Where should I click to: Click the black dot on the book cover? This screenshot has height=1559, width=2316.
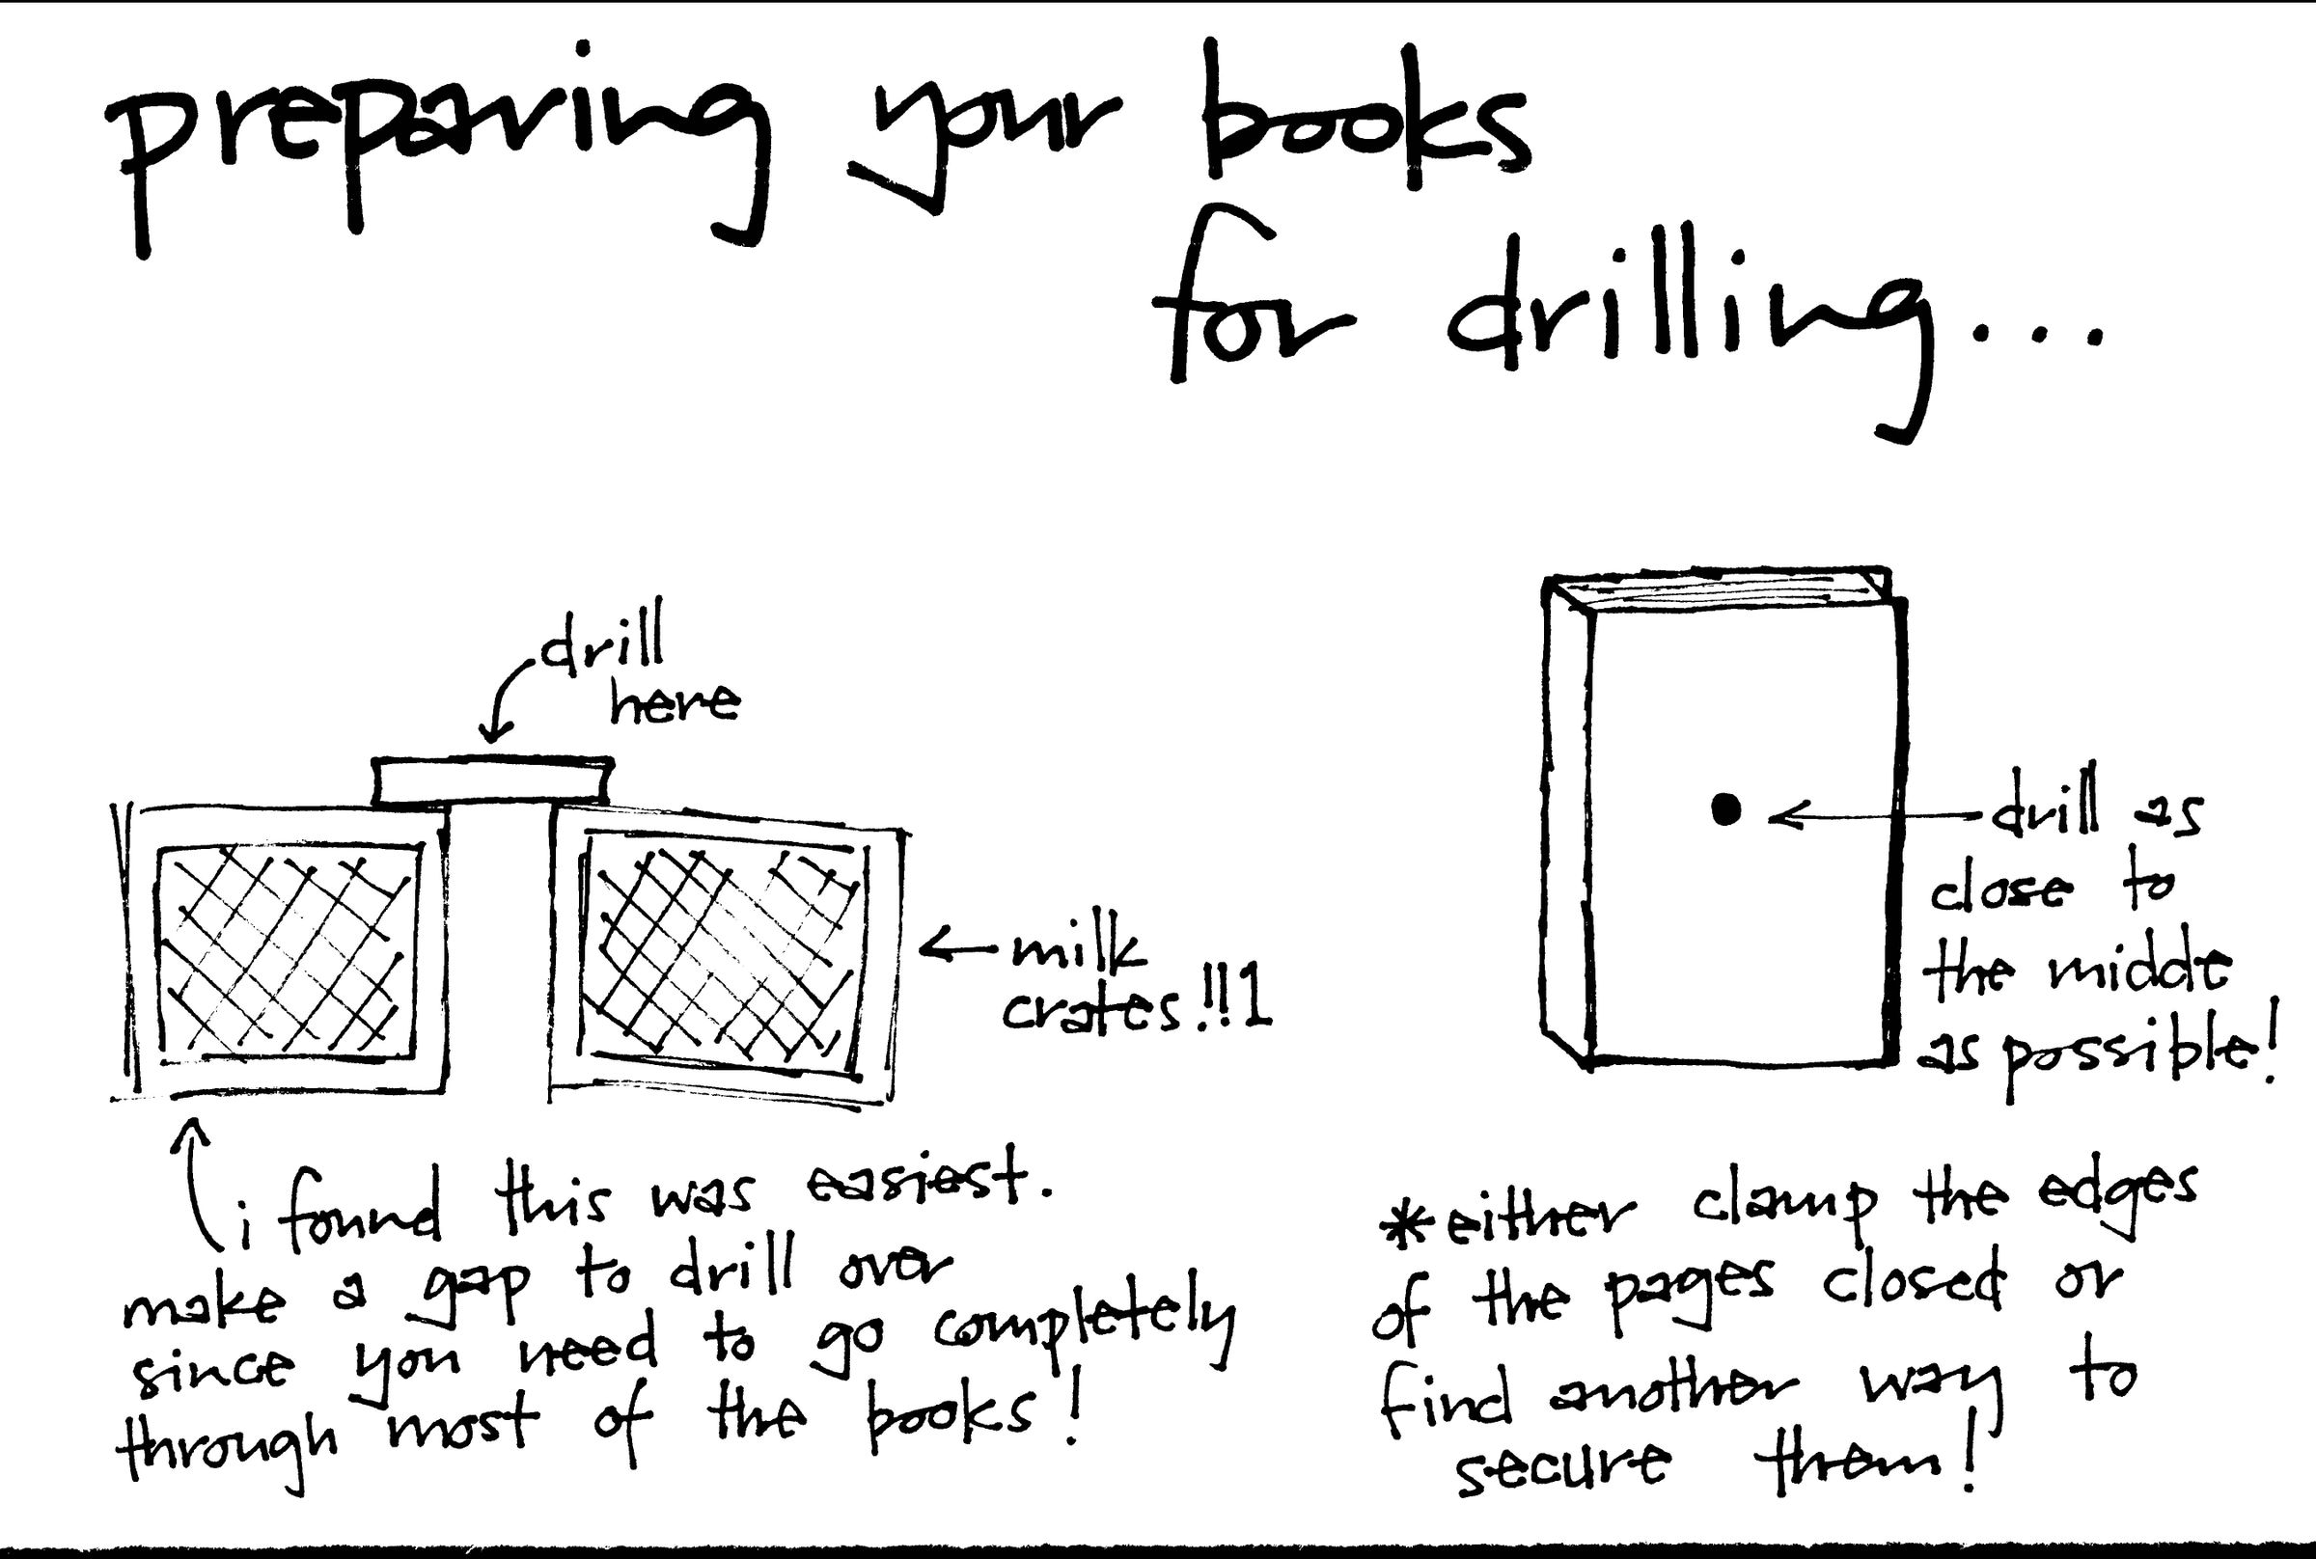[x=1726, y=810]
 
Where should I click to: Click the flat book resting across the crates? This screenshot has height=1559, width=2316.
[x=492, y=780]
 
